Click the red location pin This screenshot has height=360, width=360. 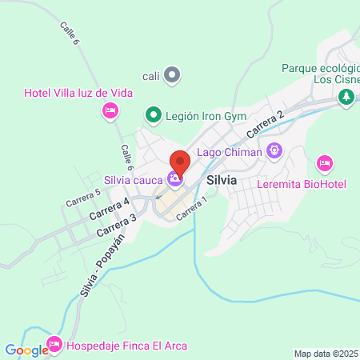pyautogui.click(x=180, y=162)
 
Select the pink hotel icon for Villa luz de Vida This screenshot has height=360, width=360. pyautogui.click(x=111, y=110)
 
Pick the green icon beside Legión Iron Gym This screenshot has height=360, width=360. pyautogui.click(x=153, y=115)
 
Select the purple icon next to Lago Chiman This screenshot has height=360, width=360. pyautogui.click(x=274, y=149)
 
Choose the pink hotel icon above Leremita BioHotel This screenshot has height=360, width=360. pyautogui.click(x=324, y=163)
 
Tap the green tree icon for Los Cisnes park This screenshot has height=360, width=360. pyautogui.click(x=346, y=97)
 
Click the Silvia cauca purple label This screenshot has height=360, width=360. pyautogui.click(x=134, y=179)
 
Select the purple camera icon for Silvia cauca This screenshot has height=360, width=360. pyautogui.click(x=174, y=179)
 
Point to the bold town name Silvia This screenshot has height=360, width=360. pyautogui.click(x=221, y=180)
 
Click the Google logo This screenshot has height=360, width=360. pyautogui.click(x=26, y=350)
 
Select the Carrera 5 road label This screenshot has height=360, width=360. pyautogui.click(x=83, y=197)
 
